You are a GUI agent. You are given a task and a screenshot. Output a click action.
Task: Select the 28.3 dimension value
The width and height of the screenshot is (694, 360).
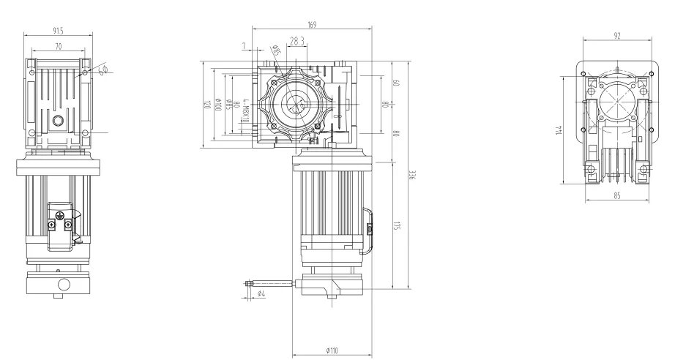click(x=297, y=42)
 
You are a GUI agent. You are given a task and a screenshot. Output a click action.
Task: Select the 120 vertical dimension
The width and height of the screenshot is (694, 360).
click(x=207, y=105)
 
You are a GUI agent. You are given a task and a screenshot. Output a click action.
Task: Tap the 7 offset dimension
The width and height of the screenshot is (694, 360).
click(x=243, y=46)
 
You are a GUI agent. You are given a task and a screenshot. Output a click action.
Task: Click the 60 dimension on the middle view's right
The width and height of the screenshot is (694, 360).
click(x=395, y=83)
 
